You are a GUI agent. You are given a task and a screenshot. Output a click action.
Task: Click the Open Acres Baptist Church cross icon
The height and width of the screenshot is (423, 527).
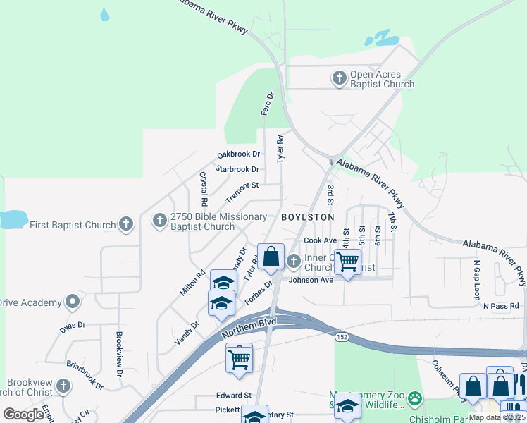(x=340, y=78)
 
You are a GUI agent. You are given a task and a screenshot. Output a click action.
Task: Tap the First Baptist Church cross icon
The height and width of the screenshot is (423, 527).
(x=126, y=225)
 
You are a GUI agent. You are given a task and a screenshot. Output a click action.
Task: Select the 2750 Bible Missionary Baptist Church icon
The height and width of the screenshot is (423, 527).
(x=160, y=221)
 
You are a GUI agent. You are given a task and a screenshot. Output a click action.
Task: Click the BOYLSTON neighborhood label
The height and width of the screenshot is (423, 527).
(x=307, y=217)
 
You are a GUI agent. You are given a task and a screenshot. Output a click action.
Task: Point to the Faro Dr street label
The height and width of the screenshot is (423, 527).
(x=266, y=103)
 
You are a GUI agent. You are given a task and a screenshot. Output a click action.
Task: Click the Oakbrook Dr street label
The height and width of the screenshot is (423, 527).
(x=238, y=154)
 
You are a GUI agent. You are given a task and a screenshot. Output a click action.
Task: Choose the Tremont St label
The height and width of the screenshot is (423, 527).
(x=242, y=190)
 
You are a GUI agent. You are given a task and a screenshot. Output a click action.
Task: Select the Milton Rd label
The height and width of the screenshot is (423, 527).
(x=192, y=282)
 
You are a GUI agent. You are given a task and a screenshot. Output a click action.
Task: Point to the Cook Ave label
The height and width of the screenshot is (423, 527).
(x=321, y=240)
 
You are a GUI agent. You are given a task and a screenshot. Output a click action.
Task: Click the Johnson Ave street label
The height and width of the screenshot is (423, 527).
(x=311, y=280)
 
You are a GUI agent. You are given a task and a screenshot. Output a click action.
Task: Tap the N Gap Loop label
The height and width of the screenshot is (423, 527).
(x=477, y=278)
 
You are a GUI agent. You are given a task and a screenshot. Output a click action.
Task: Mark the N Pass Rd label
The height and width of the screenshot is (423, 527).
(x=500, y=306)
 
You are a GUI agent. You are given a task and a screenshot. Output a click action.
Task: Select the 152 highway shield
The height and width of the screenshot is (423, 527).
(x=342, y=337)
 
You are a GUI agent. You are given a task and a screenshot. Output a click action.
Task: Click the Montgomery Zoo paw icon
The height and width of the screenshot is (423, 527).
(x=416, y=398)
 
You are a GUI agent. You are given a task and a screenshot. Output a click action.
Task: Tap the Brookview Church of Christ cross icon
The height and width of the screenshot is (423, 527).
(x=63, y=386)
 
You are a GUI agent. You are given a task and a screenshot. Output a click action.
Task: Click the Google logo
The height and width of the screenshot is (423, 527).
(x=24, y=415)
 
